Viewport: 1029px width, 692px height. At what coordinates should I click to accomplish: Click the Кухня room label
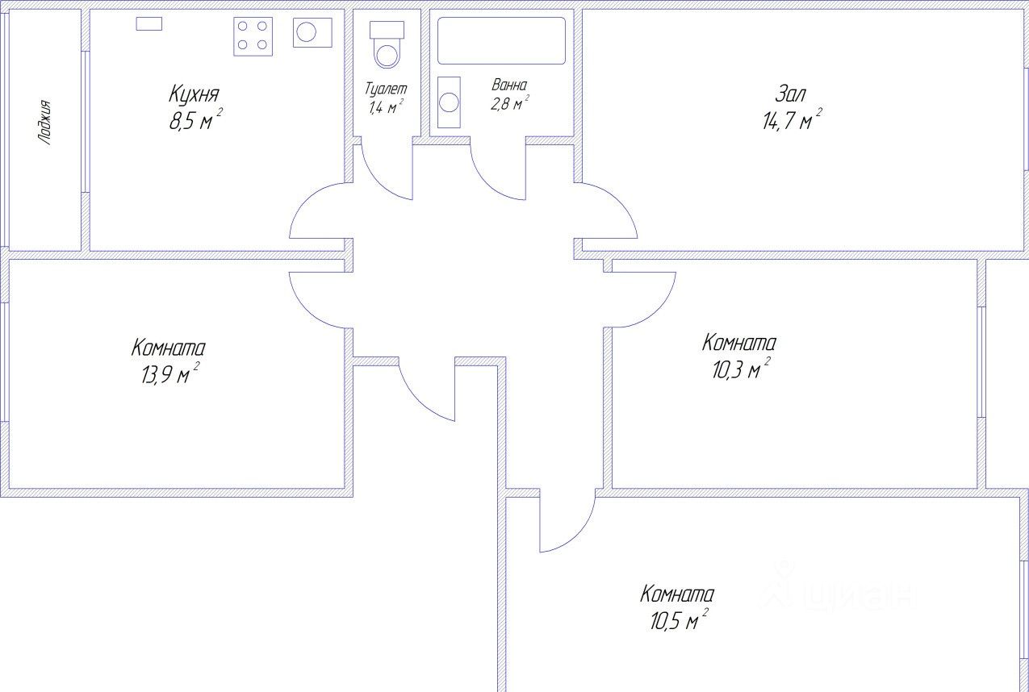pyautogui.click(x=194, y=94)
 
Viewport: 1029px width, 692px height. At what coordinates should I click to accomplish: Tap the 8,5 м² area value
pyautogui.click(x=195, y=120)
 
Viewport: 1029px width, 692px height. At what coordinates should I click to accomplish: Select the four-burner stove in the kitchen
pyautogui.click(x=253, y=37)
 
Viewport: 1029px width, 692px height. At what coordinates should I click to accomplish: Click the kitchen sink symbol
pyautogui.click(x=312, y=32)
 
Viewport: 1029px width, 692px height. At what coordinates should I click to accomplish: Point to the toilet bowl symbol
pyautogui.click(x=387, y=44)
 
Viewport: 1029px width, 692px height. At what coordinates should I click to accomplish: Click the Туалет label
pyautogui.click(x=386, y=89)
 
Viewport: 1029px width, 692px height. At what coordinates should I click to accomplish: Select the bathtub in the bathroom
pyautogui.click(x=501, y=40)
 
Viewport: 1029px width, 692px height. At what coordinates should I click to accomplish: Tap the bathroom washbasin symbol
pyautogui.click(x=449, y=102)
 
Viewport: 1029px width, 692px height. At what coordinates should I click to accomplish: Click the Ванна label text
pyautogui.click(x=509, y=85)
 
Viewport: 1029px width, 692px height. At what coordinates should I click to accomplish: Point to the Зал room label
pyautogui.click(x=790, y=94)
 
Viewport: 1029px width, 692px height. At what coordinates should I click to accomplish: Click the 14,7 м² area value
pyautogui.click(x=792, y=120)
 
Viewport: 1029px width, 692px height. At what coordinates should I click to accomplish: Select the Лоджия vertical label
pyautogui.click(x=45, y=123)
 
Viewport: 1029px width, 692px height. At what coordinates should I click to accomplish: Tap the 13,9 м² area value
pyautogui.click(x=170, y=373)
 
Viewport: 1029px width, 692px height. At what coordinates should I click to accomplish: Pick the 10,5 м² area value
pyautogui.click(x=679, y=619)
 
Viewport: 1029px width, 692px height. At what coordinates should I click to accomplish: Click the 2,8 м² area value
pyautogui.click(x=510, y=103)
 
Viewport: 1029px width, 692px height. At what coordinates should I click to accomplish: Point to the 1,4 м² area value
pyautogui.click(x=386, y=106)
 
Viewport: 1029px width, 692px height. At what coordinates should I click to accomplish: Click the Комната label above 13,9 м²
pyautogui.click(x=168, y=348)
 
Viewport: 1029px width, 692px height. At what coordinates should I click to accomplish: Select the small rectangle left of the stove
pyautogui.click(x=149, y=23)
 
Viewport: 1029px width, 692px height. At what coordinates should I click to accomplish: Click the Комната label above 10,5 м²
pyautogui.click(x=677, y=594)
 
